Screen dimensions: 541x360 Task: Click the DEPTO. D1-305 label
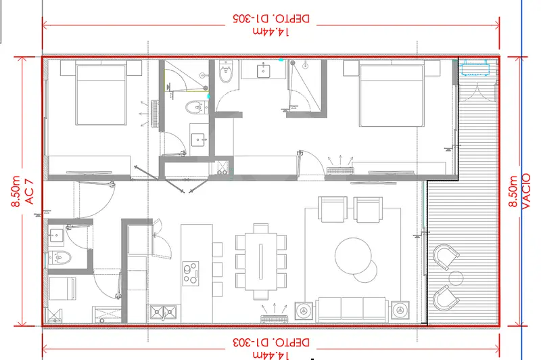pyautogui.click(x=271, y=18)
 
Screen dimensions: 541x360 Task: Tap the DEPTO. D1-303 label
pyautogui.click(x=271, y=342)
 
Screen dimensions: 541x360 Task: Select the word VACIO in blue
pyautogui.click(x=525, y=192)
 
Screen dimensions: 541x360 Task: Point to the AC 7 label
pyautogui.click(x=30, y=192)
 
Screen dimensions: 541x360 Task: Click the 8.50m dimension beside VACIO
pyautogui.click(x=513, y=192)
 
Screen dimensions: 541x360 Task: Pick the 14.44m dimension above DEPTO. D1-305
pyautogui.click(x=271, y=32)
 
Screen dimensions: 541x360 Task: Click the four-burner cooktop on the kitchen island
pyautogui.click(x=191, y=273)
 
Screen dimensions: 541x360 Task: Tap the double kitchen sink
pyautogui.click(x=163, y=313)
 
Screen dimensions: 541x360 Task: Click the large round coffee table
pyautogui.click(x=353, y=256)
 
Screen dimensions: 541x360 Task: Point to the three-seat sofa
pyautogui.click(x=352, y=310)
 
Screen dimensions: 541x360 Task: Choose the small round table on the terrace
pyautogui.click(x=456, y=278)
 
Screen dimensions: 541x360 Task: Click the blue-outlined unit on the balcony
pyautogui.click(x=475, y=68)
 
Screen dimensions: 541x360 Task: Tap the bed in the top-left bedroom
pyautogui.click(x=101, y=93)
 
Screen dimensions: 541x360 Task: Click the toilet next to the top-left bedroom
pyautogui.click(x=196, y=108)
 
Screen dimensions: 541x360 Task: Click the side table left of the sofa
pyautogui.click(x=304, y=311)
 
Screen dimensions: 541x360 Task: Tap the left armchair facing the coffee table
pyautogui.click(x=333, y=209)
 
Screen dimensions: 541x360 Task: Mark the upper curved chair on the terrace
pyautogui.click(x=446, y=256)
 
